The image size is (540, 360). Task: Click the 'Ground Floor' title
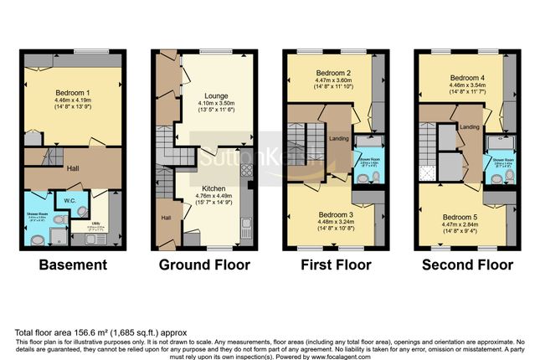204,265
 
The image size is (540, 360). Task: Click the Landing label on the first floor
340,139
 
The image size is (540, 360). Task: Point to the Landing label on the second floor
470,127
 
